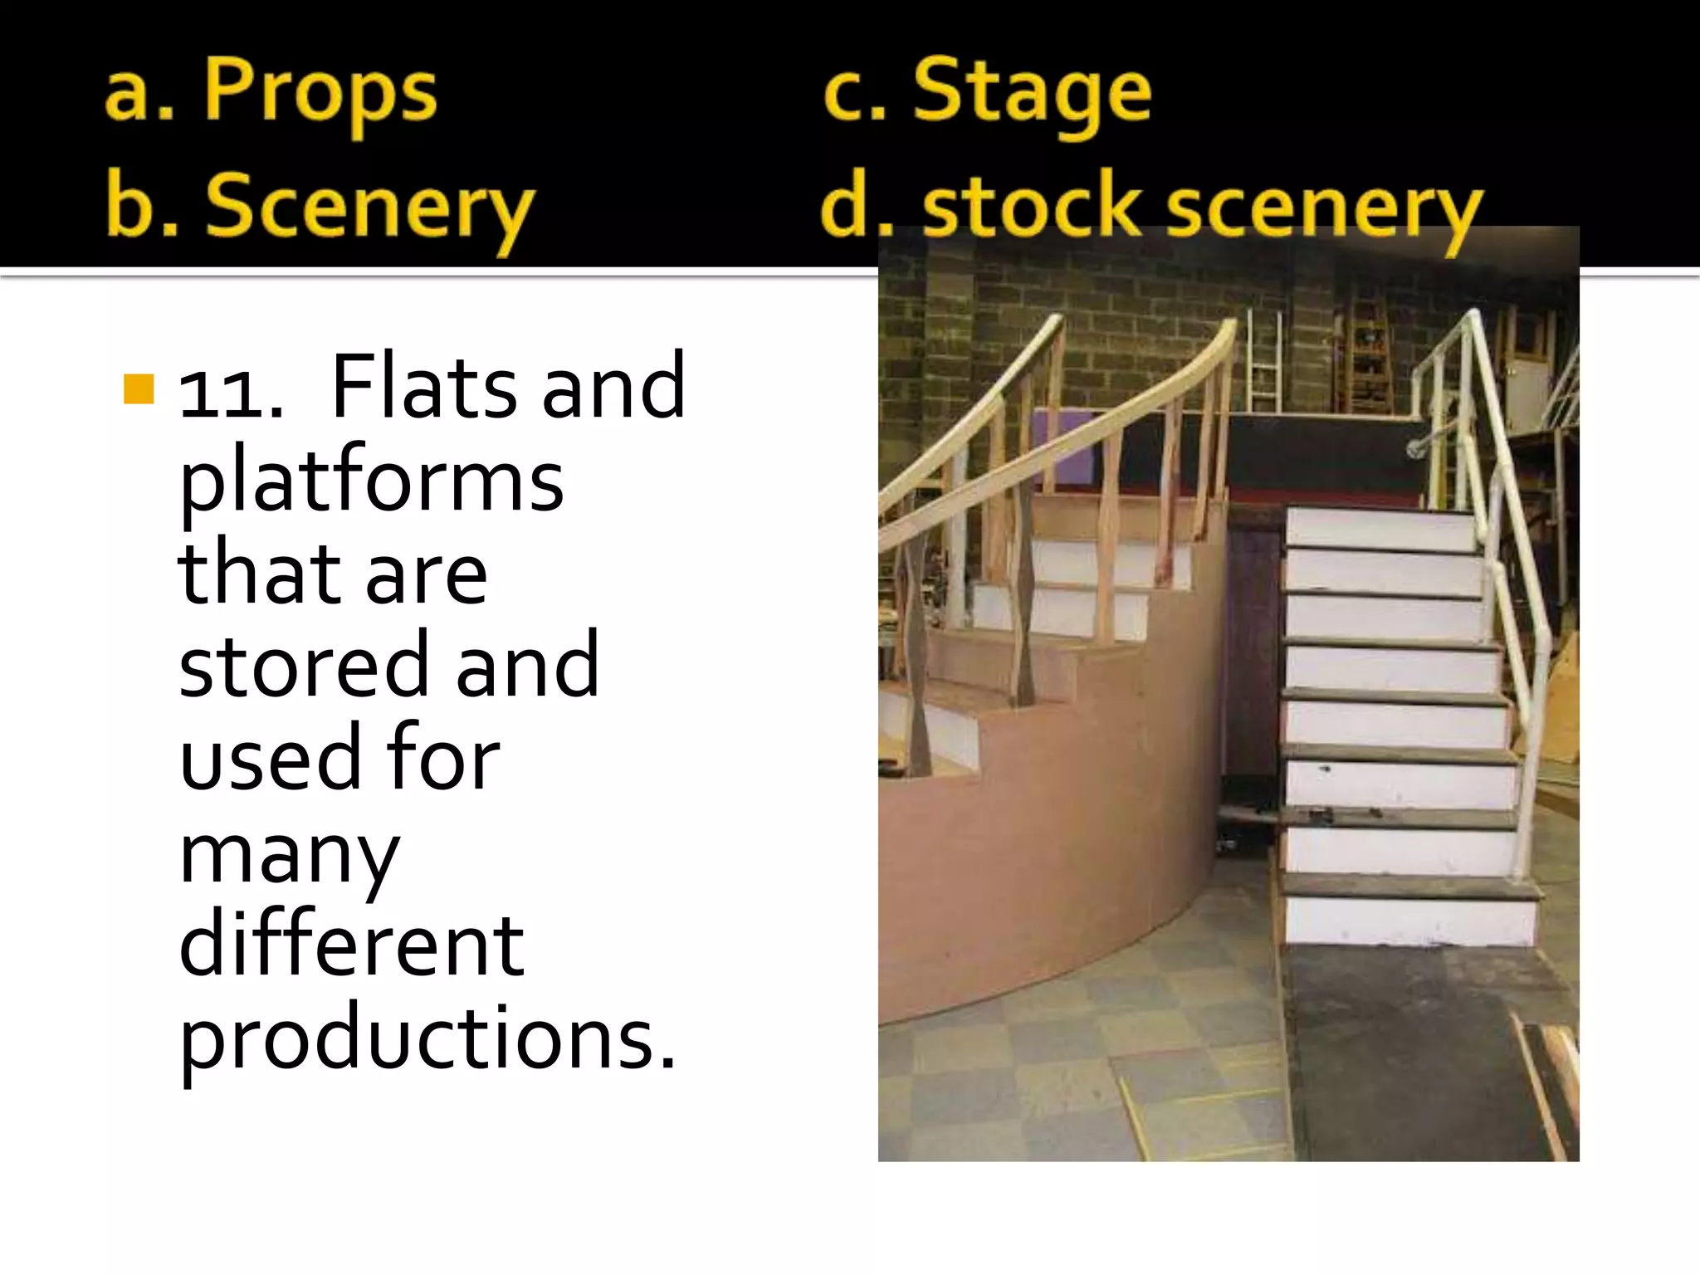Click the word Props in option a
tap(320, 93)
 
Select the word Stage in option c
tap(1032, 93)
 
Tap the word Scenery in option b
tap(369, 208)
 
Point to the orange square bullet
tap(139, 388)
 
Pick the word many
tap(289, 855)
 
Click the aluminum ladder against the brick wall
tap(1263, 361)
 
